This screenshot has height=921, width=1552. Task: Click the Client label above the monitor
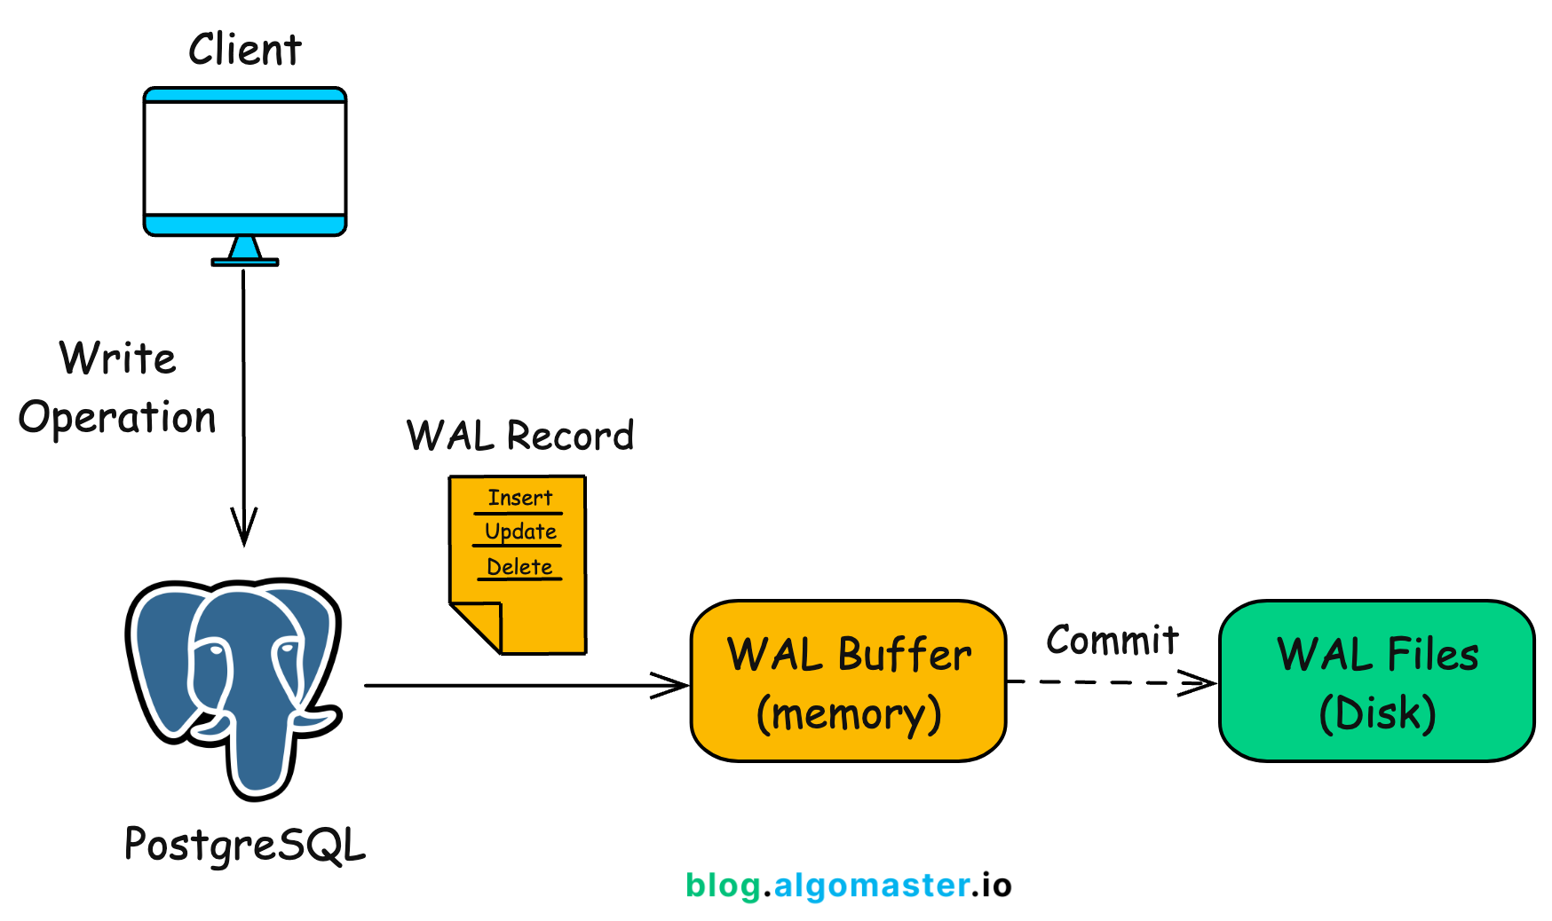245,50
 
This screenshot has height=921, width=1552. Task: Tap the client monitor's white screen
245,158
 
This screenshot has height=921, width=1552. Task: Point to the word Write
118,358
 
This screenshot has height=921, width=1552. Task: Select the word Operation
117,417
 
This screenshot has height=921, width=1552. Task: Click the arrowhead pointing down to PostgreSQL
244,529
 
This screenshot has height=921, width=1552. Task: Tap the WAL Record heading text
520,436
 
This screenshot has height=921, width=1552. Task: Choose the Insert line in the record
519,498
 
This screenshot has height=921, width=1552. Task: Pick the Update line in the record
520,531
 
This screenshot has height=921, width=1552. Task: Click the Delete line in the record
519,567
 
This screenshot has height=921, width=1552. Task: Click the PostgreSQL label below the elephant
245,844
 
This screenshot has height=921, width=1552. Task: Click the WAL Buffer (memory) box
848,681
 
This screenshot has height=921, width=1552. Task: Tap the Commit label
1112,640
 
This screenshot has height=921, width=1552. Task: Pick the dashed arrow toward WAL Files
1110,682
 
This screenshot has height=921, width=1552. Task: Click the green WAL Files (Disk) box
1376,681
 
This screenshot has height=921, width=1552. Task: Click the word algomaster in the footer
871,886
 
